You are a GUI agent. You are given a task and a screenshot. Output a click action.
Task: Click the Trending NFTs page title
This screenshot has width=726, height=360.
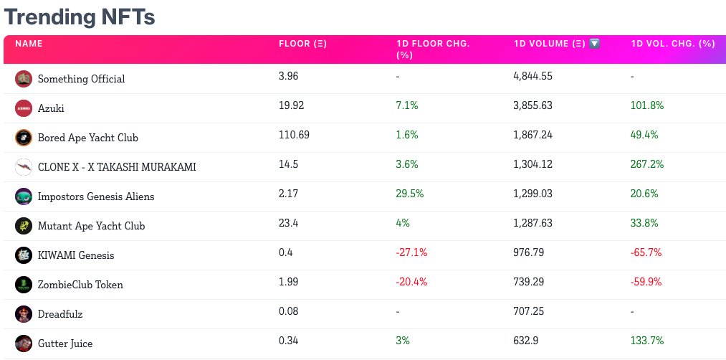(x=80, y=16)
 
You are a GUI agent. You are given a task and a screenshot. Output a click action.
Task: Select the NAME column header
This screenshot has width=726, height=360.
(x=29, y=44)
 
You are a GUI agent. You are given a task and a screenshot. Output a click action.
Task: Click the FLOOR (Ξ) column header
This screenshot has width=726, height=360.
(x=302, y=44)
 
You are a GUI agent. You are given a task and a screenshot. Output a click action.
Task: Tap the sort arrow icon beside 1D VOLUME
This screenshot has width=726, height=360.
(x=594, y=44)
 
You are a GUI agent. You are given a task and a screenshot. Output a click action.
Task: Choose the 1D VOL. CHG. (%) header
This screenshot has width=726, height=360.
(x=673, y=44)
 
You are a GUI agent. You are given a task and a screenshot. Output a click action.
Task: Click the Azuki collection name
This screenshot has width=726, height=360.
(x=51, y=108)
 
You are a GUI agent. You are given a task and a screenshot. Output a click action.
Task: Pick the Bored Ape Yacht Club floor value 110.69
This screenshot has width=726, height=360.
(x=294, y=135)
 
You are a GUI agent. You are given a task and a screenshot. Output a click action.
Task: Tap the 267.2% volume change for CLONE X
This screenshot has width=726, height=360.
(x=647, y=164)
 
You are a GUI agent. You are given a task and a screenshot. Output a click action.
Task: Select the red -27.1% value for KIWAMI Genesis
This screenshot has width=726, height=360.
(x=411, y=252)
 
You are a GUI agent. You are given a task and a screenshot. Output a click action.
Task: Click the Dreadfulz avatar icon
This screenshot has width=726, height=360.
(x=24, y=314)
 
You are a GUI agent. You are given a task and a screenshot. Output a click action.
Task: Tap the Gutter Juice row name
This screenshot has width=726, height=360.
(x=65, y=344)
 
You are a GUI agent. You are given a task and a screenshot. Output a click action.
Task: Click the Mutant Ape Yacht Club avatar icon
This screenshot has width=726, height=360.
(x=24, y=226)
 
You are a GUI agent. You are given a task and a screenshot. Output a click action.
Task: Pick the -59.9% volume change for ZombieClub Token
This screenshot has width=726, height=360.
(x=646, y=282)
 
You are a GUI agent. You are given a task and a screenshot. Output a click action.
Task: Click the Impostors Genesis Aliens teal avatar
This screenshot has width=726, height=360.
(x=24, y=196)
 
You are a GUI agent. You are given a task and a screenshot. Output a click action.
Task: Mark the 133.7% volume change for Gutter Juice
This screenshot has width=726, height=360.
(x=647, y=341)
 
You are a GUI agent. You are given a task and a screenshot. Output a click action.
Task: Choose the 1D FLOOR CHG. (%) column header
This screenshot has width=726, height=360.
(x=433, y=49)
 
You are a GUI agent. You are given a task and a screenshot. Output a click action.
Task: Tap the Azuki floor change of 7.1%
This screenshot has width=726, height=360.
(x=407, y=105)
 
